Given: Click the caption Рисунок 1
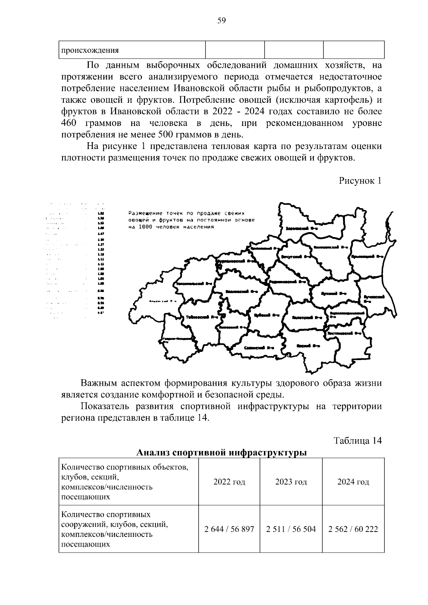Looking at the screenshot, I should (360, 181).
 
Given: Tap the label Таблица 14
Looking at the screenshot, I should (358, 441).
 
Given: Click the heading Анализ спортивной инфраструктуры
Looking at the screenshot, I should (221, 453).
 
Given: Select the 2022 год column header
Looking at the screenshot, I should (229, 482).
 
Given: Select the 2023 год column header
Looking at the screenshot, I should (291, 482).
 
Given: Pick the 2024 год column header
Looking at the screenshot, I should (353, 482).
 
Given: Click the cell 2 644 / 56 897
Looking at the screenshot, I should (229, 529).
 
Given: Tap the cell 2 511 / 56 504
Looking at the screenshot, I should (291, 529).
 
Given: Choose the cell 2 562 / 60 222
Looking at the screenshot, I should (353, 529).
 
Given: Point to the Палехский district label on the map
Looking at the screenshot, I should (307, 317).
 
